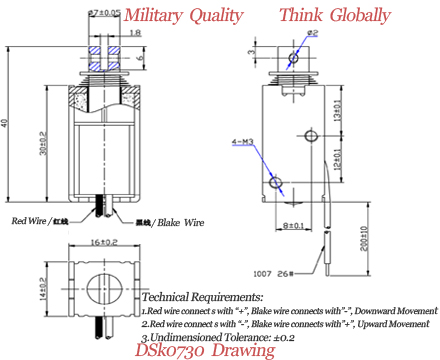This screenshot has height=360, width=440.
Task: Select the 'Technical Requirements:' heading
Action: [203, 297]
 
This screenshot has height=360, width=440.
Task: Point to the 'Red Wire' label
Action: [34, 220]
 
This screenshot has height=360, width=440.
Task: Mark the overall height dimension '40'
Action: [9, 123]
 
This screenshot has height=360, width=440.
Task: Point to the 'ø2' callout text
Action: [312, 33]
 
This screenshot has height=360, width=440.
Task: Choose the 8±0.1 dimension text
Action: [291, 226]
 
